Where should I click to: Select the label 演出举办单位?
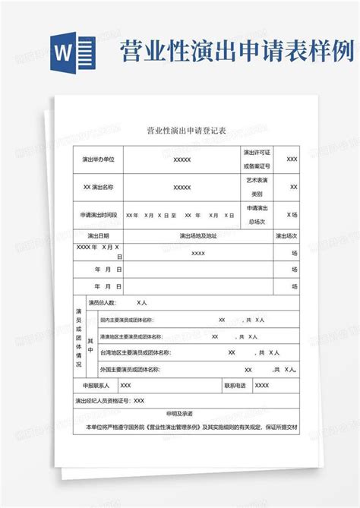[x=98, y=159]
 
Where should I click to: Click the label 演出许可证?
[x=257, y=153]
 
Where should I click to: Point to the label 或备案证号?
[x=257, y=166]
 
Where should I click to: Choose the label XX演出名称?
[x=98, y=187]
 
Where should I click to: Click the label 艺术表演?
[x=257, y=181]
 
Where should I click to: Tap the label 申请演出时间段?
[x=99, y=215]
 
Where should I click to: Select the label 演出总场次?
[x=257, y=215]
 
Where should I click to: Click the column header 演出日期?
[x=99, y=236]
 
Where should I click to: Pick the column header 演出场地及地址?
[x=198, y=236]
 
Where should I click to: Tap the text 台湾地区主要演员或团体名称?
[x=134, y=353]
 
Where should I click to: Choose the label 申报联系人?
[x=96, y=386]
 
